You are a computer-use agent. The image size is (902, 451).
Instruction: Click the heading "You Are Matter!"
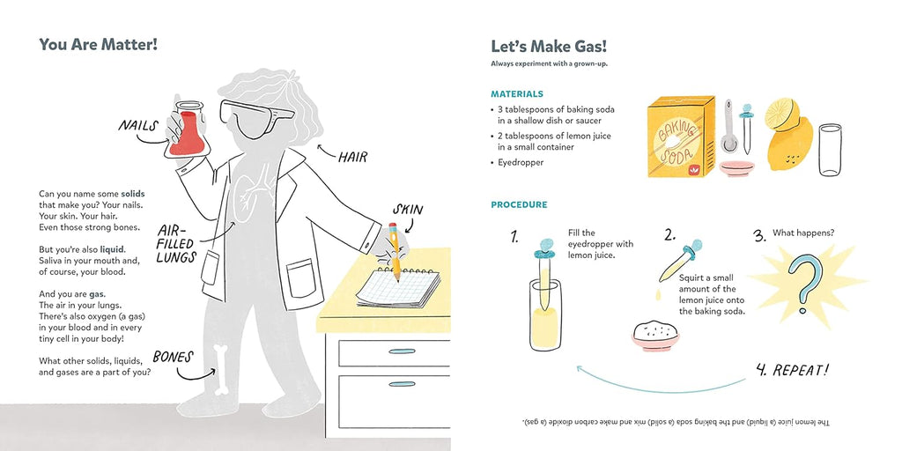pos(99,44)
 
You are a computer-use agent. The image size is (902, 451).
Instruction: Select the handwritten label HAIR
pos(352,158)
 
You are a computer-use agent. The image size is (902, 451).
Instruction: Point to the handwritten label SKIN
pos(408,209)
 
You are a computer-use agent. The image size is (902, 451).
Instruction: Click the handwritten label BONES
pos(173,357)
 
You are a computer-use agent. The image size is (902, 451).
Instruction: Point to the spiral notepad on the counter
pos(398,287)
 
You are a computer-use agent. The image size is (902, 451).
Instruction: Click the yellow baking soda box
pos(676,137)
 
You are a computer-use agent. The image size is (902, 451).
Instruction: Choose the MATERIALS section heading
pos(517,93)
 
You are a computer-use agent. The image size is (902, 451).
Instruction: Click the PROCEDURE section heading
pos(519,205)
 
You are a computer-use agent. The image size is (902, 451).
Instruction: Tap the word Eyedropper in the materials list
pos(528,163)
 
